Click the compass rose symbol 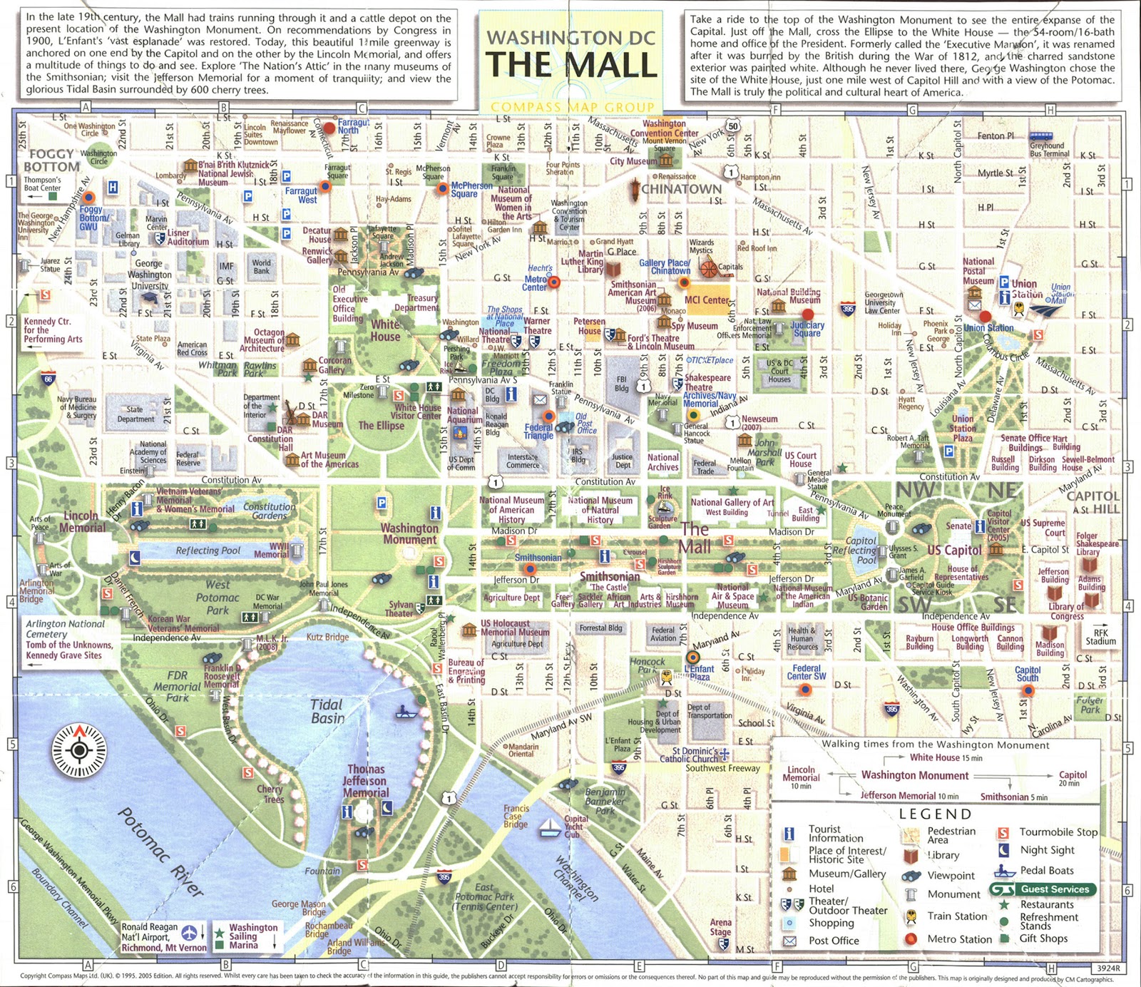80,750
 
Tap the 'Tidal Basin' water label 327,711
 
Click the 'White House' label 385,330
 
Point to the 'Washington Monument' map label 409,533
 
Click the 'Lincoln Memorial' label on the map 80,521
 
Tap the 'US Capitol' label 954,550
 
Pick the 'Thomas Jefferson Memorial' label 366,781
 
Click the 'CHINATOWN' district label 681,189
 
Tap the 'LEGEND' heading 935,814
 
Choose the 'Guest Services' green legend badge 1043,889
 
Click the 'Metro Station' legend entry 959,939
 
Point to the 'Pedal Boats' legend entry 1046,870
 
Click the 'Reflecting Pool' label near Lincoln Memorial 208,551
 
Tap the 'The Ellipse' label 381,426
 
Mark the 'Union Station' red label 988,328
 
